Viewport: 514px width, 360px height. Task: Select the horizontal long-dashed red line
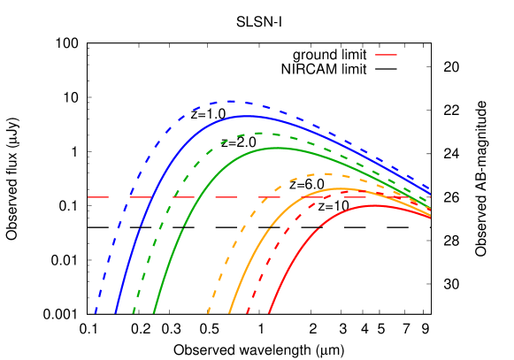pos(221,196)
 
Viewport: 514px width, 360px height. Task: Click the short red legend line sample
pos(386,55)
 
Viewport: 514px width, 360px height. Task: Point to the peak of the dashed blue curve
pos(233,102)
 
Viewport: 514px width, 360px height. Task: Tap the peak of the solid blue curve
pos(249,116)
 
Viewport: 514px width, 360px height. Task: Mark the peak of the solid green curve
pos(278,148)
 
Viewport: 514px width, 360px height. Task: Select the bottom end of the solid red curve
pos(269,312)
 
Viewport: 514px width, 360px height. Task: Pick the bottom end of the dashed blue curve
pos(96,312)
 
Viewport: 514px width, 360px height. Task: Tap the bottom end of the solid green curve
pos(154,312)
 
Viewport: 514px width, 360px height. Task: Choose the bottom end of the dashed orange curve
pos(209,312)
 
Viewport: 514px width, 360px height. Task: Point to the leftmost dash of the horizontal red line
pos(98,196)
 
